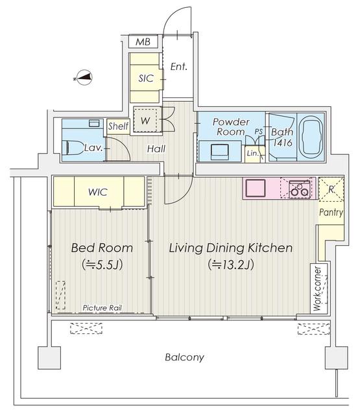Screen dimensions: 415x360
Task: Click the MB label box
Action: tap(142, 43)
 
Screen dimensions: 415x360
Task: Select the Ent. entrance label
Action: tap(178, 66)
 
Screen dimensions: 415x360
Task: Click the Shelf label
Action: tap(118, 126)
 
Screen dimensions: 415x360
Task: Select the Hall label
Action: tap(156, 148)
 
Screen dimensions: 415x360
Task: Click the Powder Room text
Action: tap(232, 126)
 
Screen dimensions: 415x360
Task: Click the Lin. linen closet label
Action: tap(253, 153)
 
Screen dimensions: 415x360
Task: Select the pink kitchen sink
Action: tap(254, 188)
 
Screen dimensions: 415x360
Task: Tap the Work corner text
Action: tap(317, 289)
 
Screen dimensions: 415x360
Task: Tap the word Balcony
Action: tap(184, 357)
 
